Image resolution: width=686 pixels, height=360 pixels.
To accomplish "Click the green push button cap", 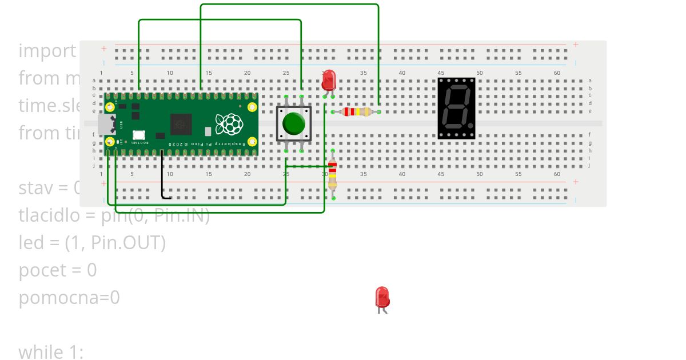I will click(294, 123).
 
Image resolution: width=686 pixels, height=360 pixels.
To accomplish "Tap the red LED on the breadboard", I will click(328, 81).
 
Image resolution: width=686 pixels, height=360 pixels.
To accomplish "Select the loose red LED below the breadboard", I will click(382, 298).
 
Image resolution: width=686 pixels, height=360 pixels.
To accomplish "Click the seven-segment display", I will click(456, 108).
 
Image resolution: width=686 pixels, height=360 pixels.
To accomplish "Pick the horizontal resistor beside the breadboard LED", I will click(356, 112).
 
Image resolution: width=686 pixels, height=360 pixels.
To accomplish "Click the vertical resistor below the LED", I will click(332, 174).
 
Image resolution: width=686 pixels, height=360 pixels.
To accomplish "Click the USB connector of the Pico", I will click(105, 124).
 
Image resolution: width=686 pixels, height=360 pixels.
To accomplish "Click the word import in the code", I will click(47, 50).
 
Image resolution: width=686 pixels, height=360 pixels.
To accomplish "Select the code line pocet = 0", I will click(58, 270).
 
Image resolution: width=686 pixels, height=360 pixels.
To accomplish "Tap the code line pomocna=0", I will click(69, 297).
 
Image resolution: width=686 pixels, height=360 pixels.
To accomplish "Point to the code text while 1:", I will click(51, 352).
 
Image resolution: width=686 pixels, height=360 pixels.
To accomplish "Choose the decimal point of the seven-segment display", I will click(470, 125).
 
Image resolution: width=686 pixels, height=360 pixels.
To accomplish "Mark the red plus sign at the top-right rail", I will click(575, 45).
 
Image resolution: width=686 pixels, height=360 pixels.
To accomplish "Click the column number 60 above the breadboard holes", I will click(557, 73).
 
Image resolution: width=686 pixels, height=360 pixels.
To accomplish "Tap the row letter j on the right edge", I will click(589, 165).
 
